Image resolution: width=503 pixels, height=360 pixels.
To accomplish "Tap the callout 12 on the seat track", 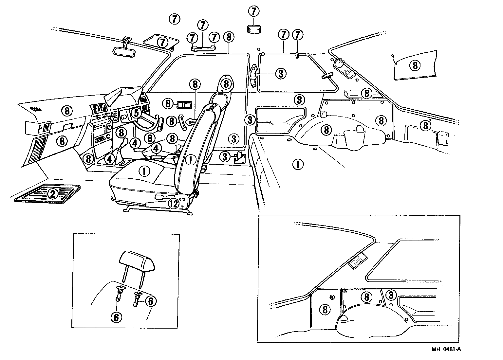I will point(174,204).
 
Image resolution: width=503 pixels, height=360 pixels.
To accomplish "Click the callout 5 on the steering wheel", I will point(136,113).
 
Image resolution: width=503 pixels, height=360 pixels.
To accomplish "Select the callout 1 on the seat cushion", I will point(144,171).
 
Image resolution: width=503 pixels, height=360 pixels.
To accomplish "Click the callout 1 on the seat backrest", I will point(190,159).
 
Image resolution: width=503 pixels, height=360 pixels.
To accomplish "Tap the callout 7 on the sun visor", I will point(162,42).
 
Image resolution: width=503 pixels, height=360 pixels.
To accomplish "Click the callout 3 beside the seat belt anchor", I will point(281,74).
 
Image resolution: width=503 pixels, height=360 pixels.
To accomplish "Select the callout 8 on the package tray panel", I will point(415,65).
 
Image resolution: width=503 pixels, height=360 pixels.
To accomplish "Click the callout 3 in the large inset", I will point(390,295).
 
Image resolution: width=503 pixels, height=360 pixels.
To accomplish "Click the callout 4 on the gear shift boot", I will point(110,159).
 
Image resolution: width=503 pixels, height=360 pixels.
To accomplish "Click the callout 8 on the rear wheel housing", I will point(326,130).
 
